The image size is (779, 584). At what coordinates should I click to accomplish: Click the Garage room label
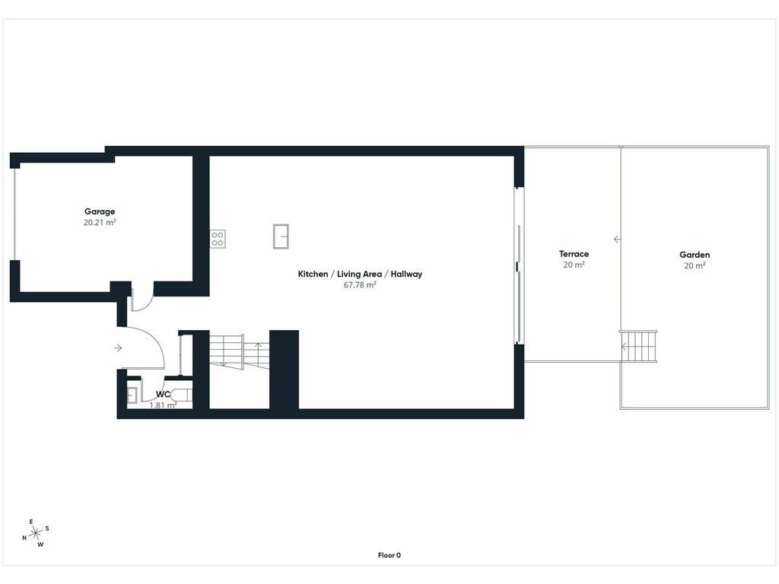pyautogui.click(x=100, y=211)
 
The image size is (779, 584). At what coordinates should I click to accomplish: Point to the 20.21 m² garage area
pyautogui.click(x=100, y=223)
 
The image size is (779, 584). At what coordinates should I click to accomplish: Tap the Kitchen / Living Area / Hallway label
pyautogui.click(x=360, y=274)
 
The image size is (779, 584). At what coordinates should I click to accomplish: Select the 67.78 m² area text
pyautogui.click(x=360, y=285)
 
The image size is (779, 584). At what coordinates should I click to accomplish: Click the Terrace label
pyautogui.click(x=574, y=254)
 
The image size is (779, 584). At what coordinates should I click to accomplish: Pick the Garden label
pyautogui.click(x=695, y=255)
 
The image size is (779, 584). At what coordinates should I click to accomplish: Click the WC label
pyautogui.click(x=163, y=395)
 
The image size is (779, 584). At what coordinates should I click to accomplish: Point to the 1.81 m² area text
pyautogui.click(x=163, y=405)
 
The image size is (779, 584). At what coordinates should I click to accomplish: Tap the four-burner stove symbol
pyautogui.click(x=218, y=239)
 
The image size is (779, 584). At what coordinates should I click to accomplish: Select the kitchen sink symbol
pyautogui.click(x=281, y=236)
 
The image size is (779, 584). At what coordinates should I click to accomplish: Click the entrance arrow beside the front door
pyautogui.click(x=118, y=348)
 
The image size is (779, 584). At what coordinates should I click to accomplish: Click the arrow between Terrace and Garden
pyautogui.click(x=617, y=240)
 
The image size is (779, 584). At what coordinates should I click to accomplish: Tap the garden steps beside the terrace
pyautogui.click(x=638, y=346)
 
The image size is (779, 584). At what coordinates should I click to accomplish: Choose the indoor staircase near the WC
pyautogui.click(x=240, y=351)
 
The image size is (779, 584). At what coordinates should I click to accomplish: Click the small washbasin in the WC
pyautogui.click(x=132, y=395)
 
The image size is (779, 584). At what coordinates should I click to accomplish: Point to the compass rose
pyautogui.click(x=36, y=534)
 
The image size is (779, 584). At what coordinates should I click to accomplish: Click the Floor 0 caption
pyautogui.click(x=389, y=555)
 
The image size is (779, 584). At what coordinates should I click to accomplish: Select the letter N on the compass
pyautogui.click(x=24, y=538)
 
